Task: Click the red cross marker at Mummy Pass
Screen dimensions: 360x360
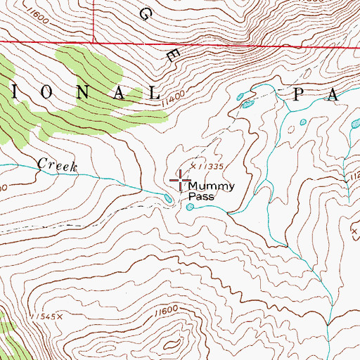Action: (x=180, y=181)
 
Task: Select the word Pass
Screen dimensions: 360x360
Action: (x=201, y=198)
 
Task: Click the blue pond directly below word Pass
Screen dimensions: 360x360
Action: (x=189, y=207)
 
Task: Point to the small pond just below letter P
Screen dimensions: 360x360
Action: (x=303, y=122)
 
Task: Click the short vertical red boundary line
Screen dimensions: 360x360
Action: (x=94, y=22)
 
